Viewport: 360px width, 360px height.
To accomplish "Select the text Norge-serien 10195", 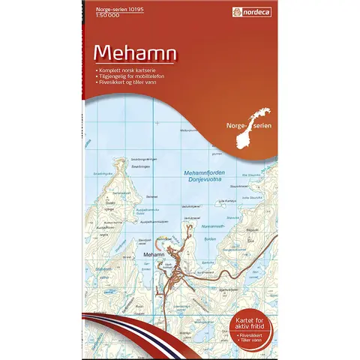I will (x=109, y=7).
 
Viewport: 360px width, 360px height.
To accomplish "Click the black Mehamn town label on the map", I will (x=153, y=256).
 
